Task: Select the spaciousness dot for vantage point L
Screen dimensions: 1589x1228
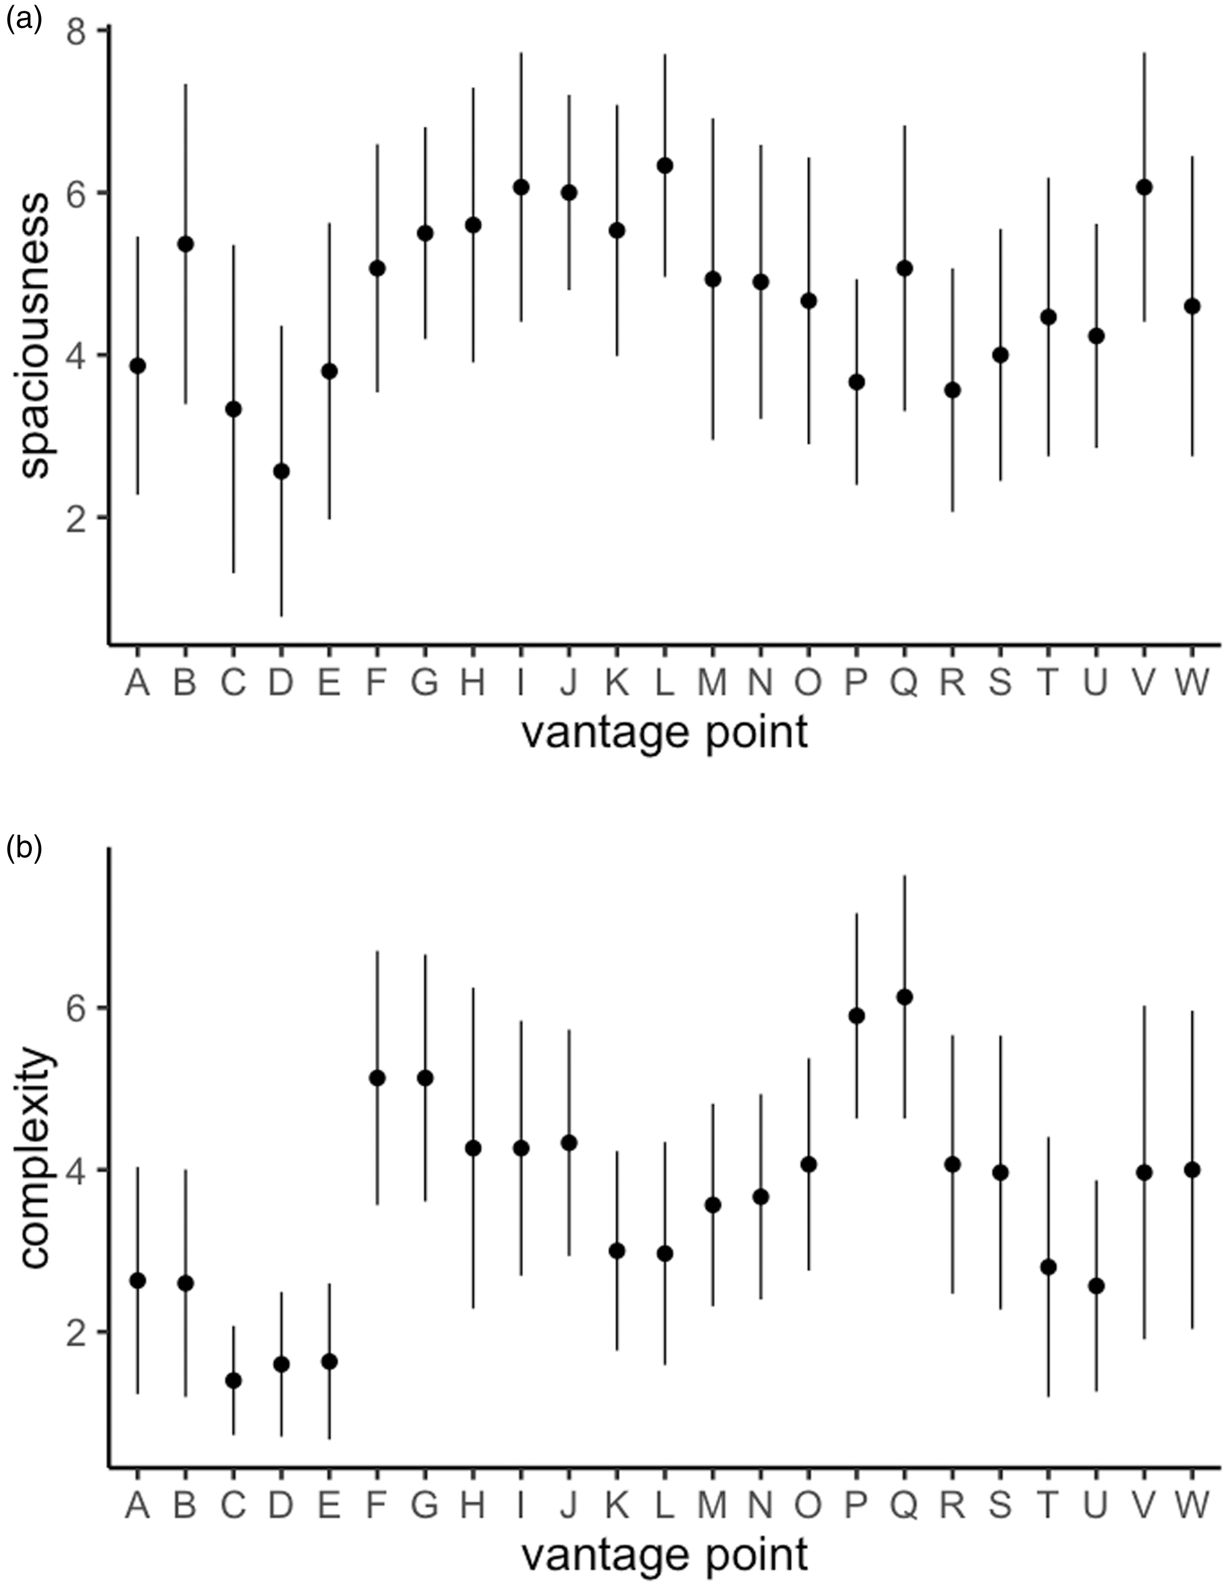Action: click(664, 166)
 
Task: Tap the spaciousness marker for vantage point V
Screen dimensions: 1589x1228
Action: click(1144, 188)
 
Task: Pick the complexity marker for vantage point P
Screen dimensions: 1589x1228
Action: click(857, 1016)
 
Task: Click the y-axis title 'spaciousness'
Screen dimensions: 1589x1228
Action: click(35, 335)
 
